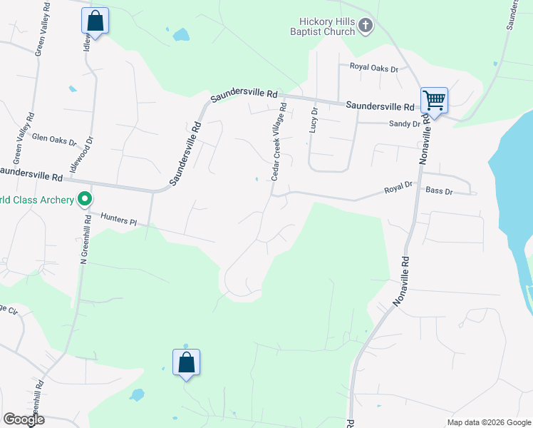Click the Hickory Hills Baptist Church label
(322, 26)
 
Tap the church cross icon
(365, 26)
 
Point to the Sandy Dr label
(403, 123)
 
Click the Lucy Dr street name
(313, 119)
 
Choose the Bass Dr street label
(439, 190)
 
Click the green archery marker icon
(86, 199)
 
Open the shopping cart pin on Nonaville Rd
(433, 101)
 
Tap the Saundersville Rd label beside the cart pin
(380, 106)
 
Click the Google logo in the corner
(24, 419)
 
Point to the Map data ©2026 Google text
(489, 422)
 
